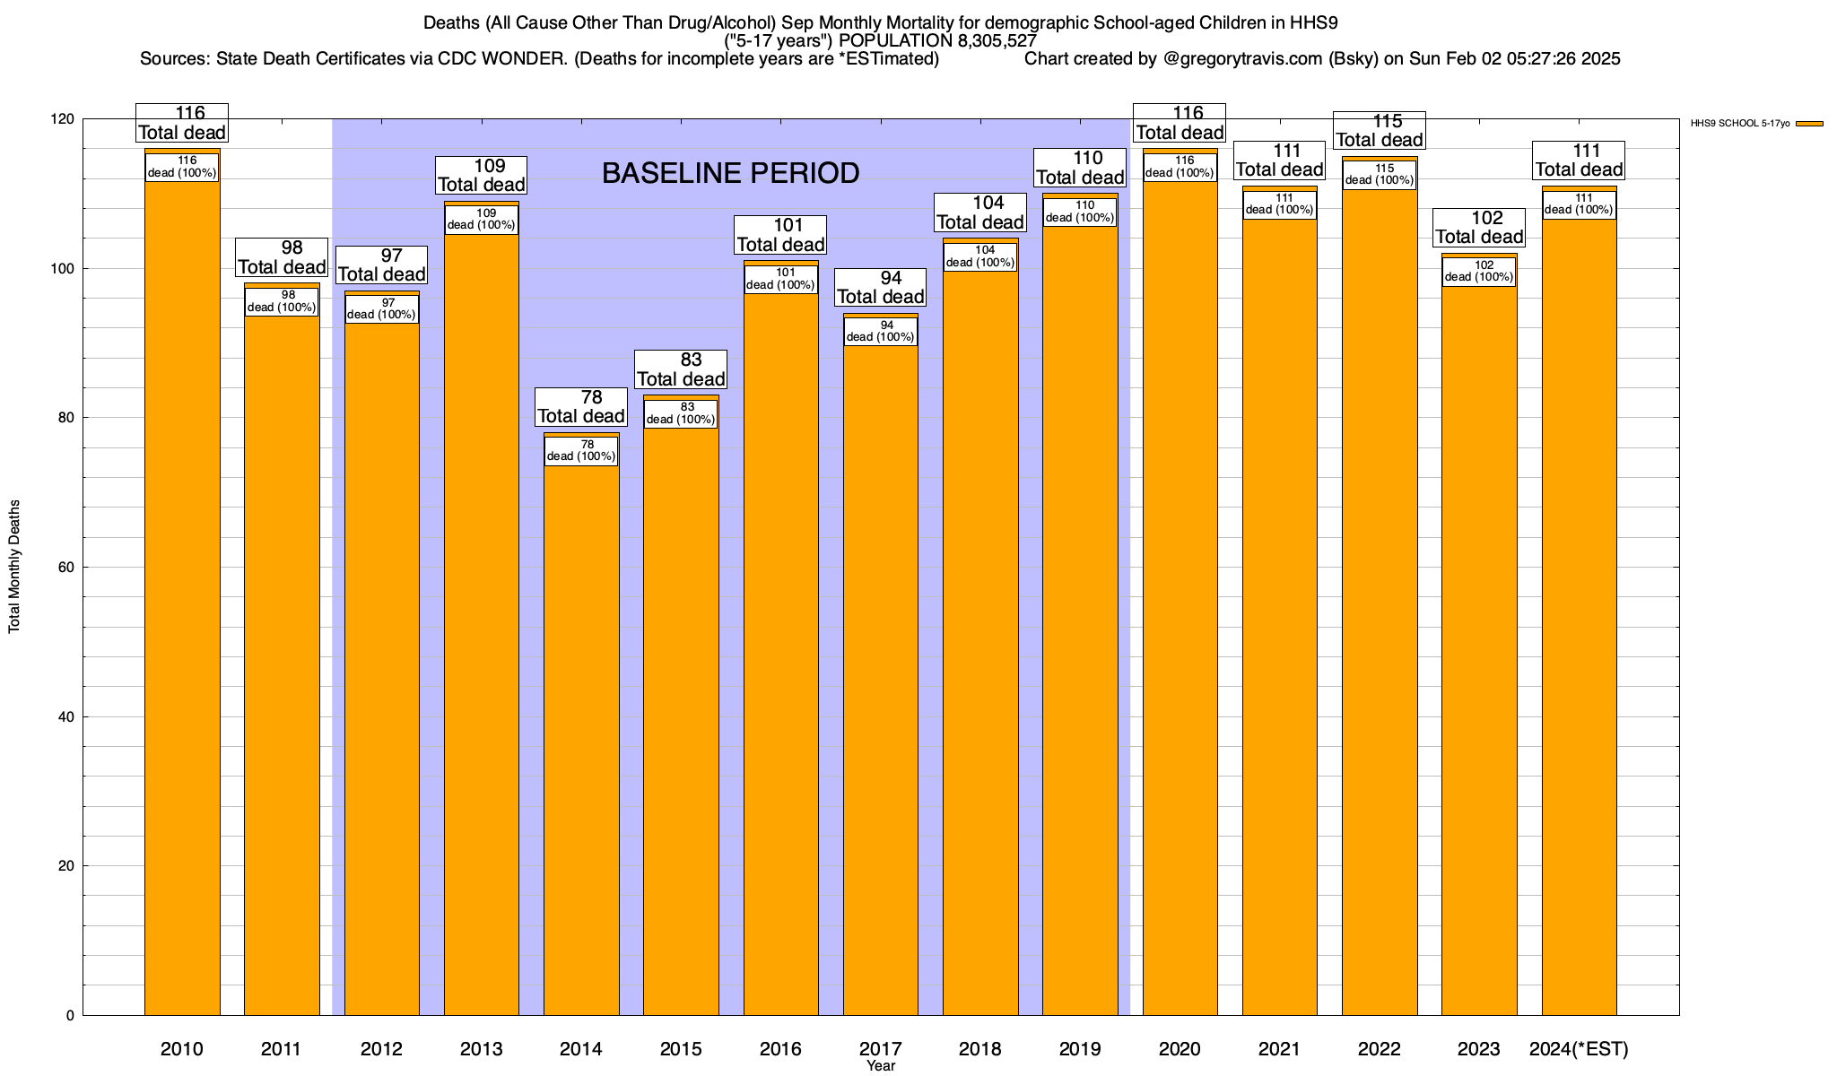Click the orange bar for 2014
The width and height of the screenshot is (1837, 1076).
[x=581, y=735]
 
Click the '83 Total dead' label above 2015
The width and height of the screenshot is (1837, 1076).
[x=681, y=369]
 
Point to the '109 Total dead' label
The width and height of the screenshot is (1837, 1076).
[x=481, y=176]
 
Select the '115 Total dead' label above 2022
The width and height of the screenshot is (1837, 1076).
[x=1380, y=130]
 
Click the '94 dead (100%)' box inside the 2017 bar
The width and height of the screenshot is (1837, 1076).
[x=881, y=331]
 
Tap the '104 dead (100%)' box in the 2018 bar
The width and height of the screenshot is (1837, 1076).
[x=980, y=256]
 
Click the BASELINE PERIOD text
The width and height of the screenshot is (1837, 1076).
[x=730, y=173]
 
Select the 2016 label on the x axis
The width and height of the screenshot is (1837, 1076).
[x=780, y=1049]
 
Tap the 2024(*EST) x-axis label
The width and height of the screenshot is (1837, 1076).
[x=1579, y=1049]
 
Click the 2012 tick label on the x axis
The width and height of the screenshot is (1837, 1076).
[x=381, y=1049]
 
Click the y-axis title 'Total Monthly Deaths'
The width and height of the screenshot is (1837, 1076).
[x=14, y=567]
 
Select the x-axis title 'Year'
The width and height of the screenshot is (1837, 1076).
[x=881, y=1066]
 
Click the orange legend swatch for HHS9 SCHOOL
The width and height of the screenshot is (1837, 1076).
[x=1809, y=124]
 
